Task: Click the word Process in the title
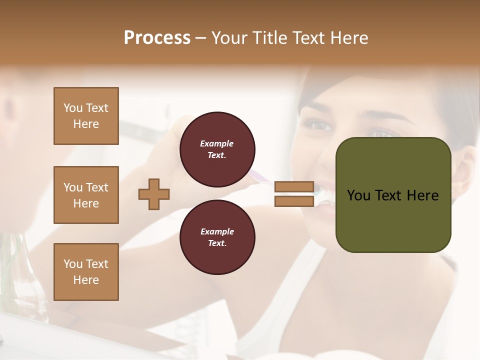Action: [x=157, y=38]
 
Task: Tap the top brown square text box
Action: [x=86, y=116]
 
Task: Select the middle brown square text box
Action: [x=86, y=195]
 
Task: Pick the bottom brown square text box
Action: [x=86, y=272]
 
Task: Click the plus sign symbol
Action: [x=154, y=194]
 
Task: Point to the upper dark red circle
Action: [x=217, y=149]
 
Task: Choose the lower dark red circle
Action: [x=217, y=237]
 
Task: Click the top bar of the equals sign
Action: [x=294, y=187]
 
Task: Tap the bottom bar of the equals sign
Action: [x=294, y=201]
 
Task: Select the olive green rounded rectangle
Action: [x=393, y=220]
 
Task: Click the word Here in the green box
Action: [x=422, y=195]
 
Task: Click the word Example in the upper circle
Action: [x=217, y=143]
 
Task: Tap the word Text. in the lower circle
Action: [x=217, y=243]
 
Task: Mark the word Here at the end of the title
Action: [x=349, y=38]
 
